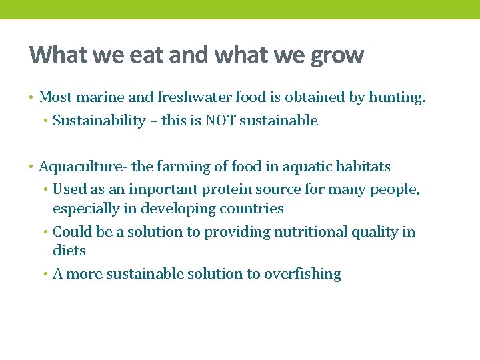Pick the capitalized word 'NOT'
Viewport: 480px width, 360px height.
coord(223,121)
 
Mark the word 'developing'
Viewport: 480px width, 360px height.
coord(173,209)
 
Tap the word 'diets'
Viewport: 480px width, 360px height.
coord(69,251)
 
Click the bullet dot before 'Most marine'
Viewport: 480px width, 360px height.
coord(31,98)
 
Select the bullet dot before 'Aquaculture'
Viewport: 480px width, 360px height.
coord(31,167)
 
